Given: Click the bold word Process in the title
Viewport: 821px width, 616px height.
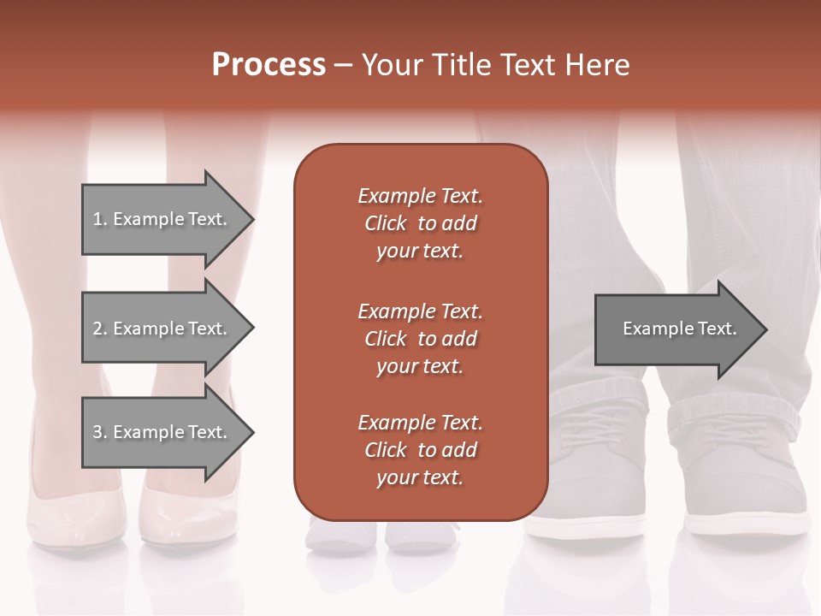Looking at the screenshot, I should (269, 65).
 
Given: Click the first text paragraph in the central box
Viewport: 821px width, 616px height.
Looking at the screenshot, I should (420, 223).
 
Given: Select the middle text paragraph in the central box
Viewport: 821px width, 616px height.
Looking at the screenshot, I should (420, 339).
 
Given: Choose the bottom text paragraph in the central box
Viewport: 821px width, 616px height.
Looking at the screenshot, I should (420, 450).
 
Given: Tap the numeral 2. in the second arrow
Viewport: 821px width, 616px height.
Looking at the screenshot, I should (99, 329).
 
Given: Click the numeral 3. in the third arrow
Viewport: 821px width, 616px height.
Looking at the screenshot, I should (99, 432).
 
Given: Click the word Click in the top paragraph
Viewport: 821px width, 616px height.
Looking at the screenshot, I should (386, 224).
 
